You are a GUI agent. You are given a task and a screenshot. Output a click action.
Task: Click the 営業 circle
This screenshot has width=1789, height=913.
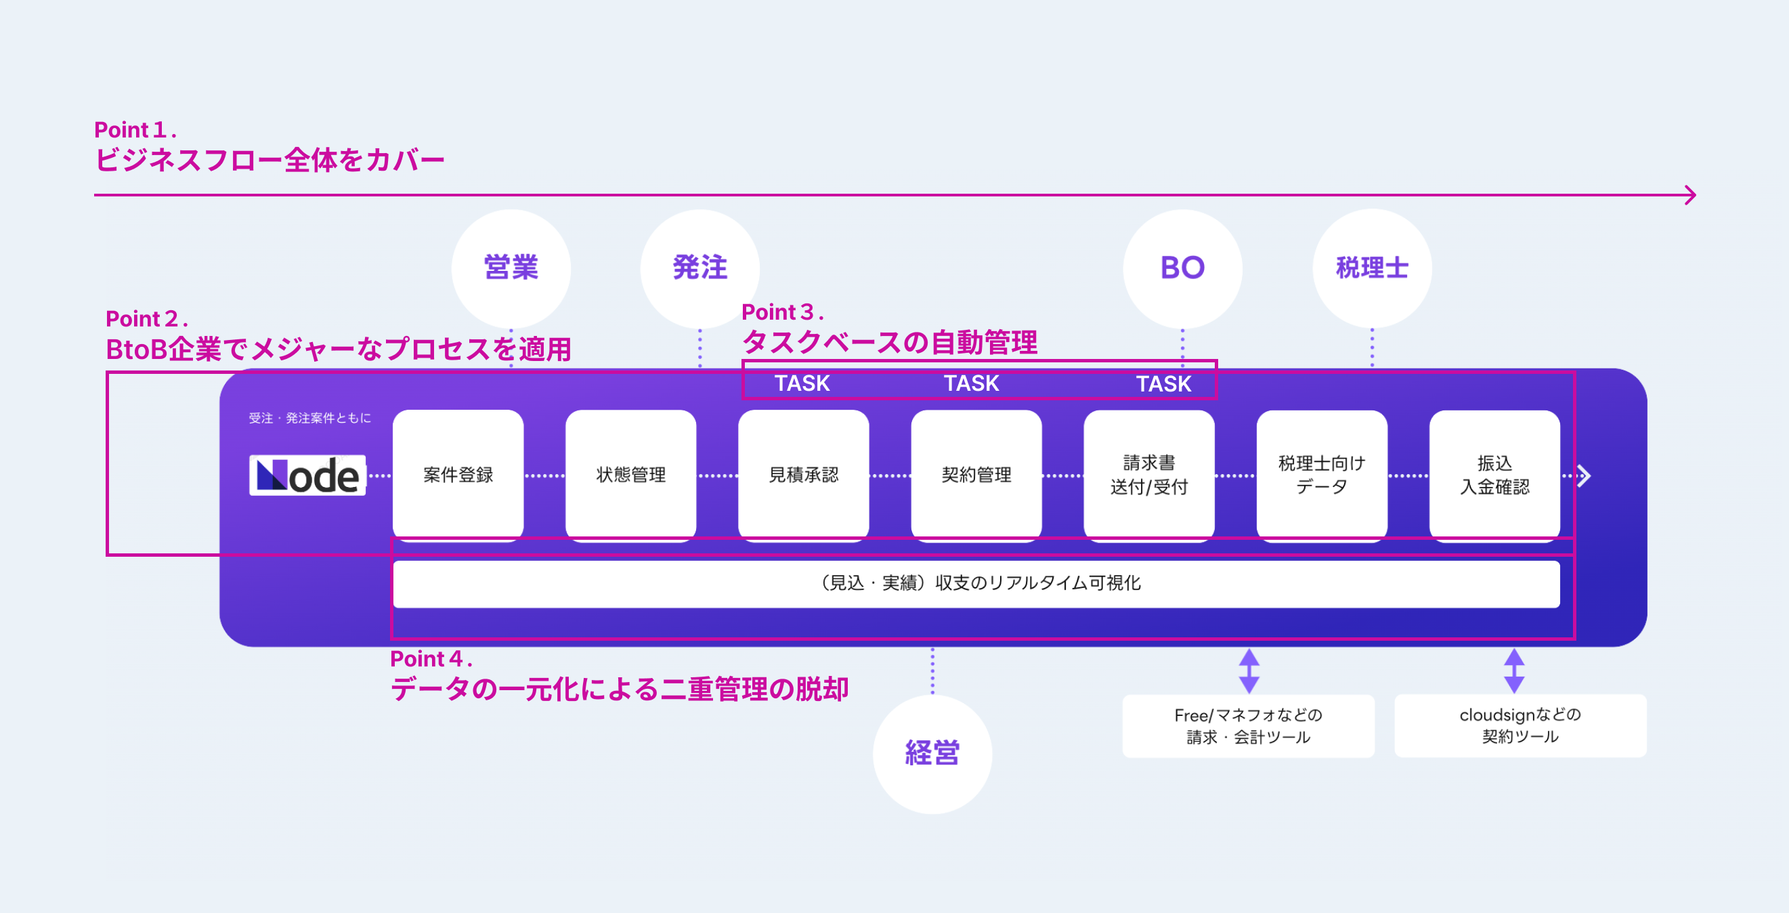(511, 268)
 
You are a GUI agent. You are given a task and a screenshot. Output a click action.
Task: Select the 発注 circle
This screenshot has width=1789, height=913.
(699, 268)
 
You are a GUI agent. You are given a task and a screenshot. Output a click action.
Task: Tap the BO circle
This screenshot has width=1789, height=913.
(1182, 268)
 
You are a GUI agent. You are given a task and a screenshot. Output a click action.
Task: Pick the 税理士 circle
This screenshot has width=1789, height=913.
(1372, 268)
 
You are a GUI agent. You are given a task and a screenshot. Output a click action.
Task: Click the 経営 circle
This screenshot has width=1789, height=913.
(932, 753)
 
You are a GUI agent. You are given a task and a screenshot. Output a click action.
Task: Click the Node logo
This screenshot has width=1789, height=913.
(307, 475)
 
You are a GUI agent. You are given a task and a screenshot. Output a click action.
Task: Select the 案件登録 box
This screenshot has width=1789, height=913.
(458, 475)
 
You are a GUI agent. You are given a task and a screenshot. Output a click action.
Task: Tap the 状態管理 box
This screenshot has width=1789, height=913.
(630, 475)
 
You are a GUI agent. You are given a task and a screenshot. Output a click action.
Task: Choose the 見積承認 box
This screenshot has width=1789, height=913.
(804, 475)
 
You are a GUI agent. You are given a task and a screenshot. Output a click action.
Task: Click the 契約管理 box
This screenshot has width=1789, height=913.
(976, 475)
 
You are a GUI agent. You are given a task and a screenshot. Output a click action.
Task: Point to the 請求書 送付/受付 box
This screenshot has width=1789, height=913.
(1148, 475)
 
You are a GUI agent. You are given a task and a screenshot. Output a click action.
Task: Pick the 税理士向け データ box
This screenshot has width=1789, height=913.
(1322, 475)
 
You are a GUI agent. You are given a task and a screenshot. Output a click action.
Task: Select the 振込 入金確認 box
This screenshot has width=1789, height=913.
(1494, 475)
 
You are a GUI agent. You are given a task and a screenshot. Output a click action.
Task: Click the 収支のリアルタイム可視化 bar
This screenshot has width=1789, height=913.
(976, 583)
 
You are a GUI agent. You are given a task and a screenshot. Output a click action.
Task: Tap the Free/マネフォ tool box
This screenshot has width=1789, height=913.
(1248, 725)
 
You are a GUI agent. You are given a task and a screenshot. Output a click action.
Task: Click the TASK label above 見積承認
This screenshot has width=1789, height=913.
(802, 383)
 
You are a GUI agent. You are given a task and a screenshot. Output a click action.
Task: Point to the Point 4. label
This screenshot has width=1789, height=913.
(431, 659)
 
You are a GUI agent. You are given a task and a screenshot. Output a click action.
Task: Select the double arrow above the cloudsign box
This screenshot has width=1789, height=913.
(1514, 671)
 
